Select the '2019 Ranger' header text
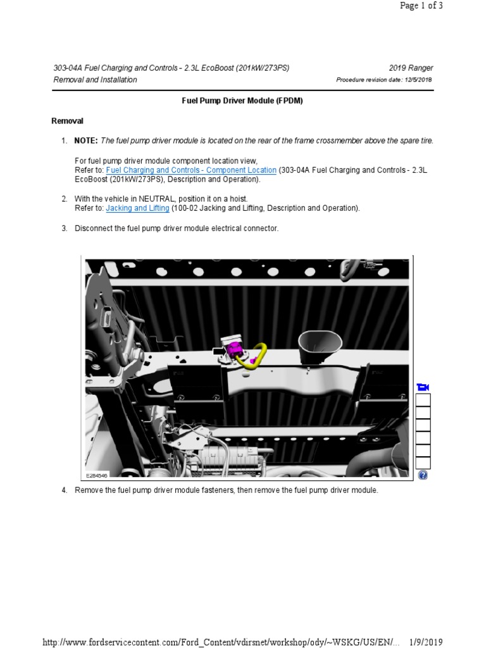[x=411, y=68]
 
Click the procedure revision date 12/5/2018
[x=415, y=80]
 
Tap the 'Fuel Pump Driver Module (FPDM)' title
[x=242, y=101]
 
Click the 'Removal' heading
[x=67, y=121]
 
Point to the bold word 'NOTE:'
[x=86, y=140]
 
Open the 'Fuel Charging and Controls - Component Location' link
[x=191, y=170]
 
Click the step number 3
[x=65, y=228]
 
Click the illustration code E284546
[x=97, y=475]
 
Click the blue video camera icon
[x=423, y=387]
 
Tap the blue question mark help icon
[x=423, y=475]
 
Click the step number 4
[x=65, y=490]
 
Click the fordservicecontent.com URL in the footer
[x=221, y=642]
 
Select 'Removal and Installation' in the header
[x=95, y=80]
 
